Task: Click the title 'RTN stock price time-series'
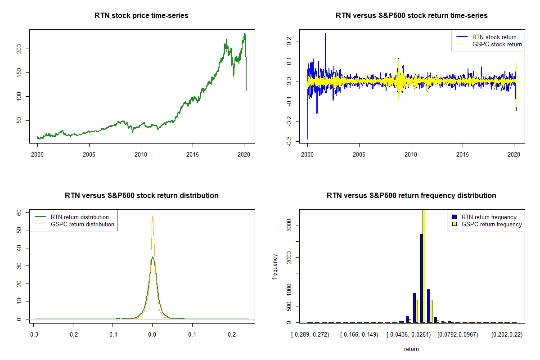click(141, 16)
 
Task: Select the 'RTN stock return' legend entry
click(486, 37)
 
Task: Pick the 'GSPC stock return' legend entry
click(489, 45)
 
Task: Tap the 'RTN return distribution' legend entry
click(72, 217)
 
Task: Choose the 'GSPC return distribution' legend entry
click(74, 224)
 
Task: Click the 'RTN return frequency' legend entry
click(485, 217)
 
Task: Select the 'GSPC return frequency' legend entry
click(487, 224)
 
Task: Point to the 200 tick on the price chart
click(19, 49)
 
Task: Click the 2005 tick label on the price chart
click(89, 154)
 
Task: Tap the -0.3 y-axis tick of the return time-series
click(289, 141)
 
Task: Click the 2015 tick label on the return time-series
click(463, 154)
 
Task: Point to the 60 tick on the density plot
click(19, 212)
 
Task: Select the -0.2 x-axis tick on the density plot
click(73, 335)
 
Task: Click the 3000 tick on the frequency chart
click(289, 225)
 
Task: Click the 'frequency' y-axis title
click(275, 267)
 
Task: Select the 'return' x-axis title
click(411, 349)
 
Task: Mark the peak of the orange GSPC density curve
click(153, 216)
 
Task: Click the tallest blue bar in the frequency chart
click(421, 278)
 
